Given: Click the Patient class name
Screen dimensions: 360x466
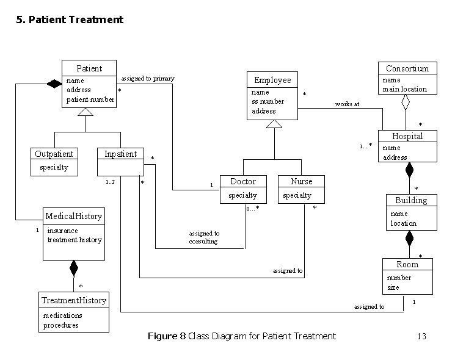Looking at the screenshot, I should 89,68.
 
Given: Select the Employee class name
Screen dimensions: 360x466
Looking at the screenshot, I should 272,80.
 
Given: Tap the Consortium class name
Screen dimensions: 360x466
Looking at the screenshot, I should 407,68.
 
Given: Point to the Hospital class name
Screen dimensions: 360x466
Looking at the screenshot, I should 407,136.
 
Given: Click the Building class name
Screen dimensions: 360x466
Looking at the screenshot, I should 411,200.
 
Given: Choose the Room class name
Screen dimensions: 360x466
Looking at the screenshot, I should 407,264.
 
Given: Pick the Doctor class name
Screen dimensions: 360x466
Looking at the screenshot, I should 243,181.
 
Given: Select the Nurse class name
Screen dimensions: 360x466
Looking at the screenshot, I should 301,181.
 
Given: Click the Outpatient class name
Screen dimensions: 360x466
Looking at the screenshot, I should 54,154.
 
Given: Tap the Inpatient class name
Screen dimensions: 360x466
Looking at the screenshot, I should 120,154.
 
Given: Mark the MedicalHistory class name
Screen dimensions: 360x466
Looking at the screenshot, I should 73,216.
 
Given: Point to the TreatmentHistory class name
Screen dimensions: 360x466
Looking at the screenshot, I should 74,300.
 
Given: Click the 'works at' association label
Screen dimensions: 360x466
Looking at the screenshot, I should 347,104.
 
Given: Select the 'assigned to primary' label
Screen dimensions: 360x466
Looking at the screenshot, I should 148,78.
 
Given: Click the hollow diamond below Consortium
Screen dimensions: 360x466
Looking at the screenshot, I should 406,103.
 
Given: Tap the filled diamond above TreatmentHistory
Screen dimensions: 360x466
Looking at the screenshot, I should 74,268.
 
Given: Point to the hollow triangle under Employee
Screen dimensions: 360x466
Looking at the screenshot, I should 274,124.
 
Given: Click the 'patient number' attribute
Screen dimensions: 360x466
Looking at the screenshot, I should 90,99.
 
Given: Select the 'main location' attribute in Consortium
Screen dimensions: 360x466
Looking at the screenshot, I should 404,89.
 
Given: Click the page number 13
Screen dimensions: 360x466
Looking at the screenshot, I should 421,336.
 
